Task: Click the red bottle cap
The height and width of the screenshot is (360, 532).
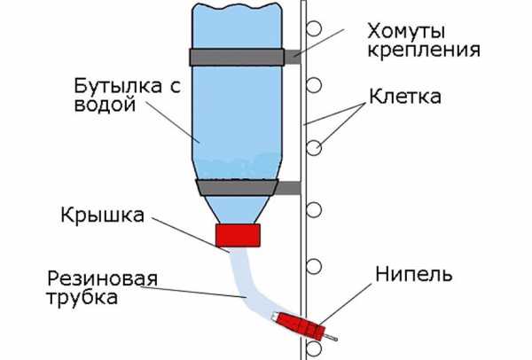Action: pyautogui.click(x=238, y=235)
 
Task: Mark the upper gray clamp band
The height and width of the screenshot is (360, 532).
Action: pyautogui.click(x=238, y=57)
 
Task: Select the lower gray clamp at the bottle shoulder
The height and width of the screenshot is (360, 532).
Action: pyautogui.click(x=238, y=187)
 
